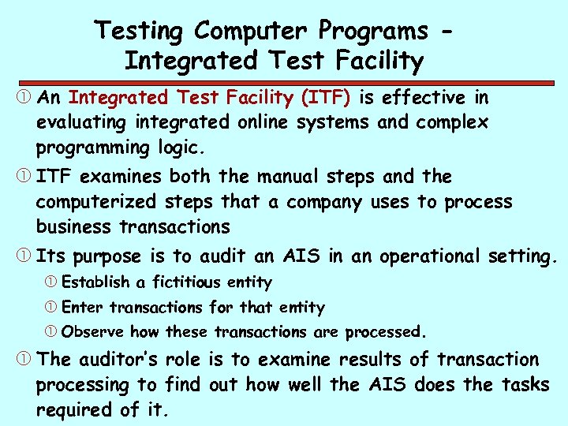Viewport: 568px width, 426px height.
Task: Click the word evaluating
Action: tap(82, 123)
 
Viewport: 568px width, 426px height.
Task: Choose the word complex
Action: tap(453, 123)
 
